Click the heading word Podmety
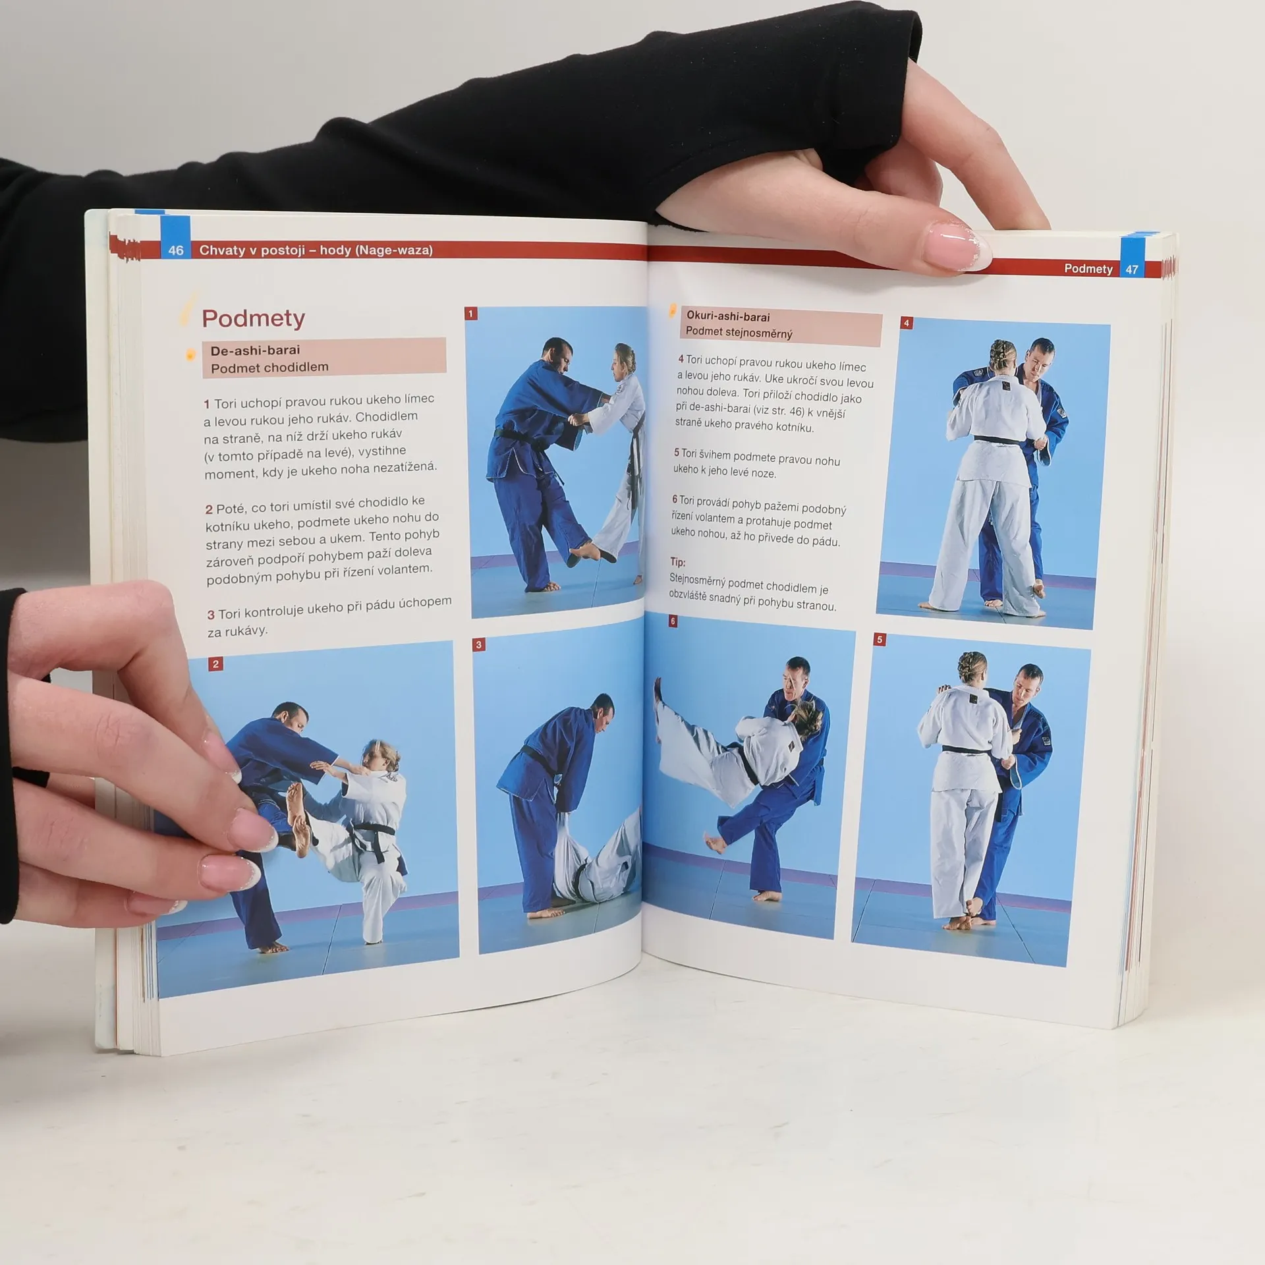254,319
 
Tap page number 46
176,250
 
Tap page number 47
1132,269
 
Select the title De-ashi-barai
255,351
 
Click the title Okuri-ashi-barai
728,316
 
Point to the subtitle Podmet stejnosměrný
739,332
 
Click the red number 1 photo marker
471,314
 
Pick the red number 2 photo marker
215,664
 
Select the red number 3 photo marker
480,644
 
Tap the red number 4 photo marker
907,323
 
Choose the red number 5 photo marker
880,639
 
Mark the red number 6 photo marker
673,621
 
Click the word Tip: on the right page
678,562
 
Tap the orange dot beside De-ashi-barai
190,355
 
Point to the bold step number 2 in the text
209,509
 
